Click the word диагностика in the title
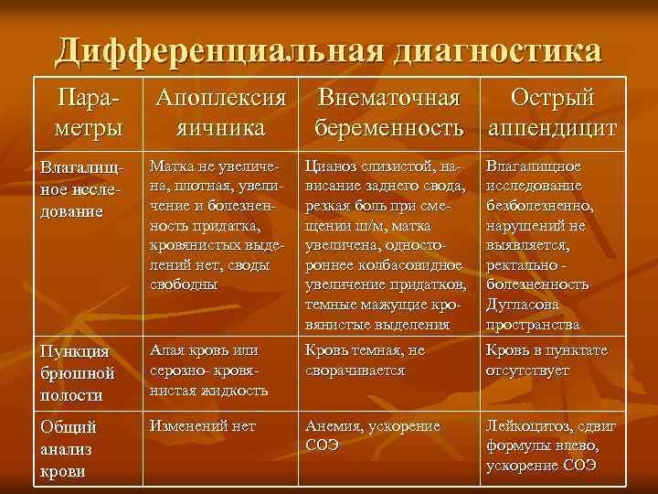[497, 51]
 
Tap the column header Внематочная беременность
[391, 113]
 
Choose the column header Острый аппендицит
[552, 113]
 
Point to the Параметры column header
[87, 113]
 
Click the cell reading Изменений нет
[203, 426]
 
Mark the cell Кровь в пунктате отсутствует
[547, 360]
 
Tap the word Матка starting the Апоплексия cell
[172, 167]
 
